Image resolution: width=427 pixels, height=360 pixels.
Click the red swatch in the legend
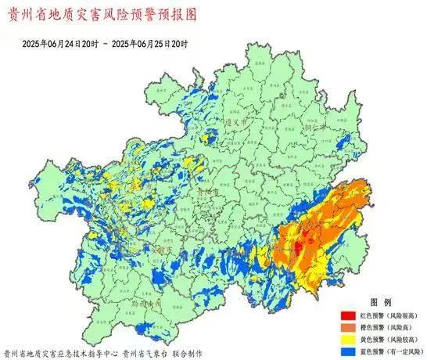click(x=346, y=315)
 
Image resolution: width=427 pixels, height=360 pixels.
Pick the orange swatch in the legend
click(x=346, y=326)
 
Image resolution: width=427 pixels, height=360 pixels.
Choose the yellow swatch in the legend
click(x=346, y=338)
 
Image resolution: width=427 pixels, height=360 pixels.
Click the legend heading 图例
click(x=379, y=302)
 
